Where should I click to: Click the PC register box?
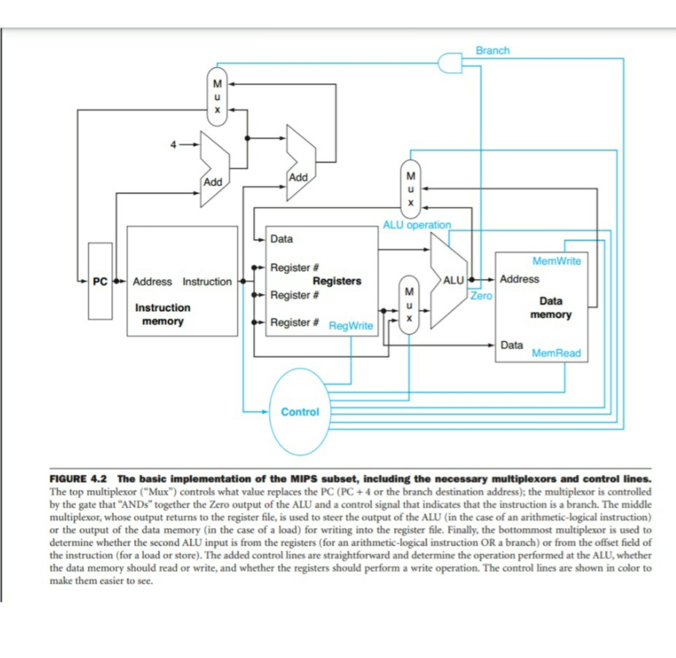point(100,281)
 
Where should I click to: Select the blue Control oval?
point(300,412)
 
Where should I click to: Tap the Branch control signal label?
point(493,50)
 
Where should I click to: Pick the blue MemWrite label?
point(557,261)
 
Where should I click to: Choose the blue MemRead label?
point(556,353)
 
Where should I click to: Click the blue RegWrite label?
point(351,326)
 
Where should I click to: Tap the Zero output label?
point(481,296)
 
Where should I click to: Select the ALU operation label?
point(417,225)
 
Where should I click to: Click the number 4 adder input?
point(173,145)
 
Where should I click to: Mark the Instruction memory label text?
point(162,315)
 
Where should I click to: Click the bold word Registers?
point(337,281)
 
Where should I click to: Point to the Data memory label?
point(550,307)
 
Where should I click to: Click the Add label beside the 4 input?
point(213,181)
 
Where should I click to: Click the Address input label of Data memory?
point(519,279)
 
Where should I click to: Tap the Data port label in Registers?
point(281,239)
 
